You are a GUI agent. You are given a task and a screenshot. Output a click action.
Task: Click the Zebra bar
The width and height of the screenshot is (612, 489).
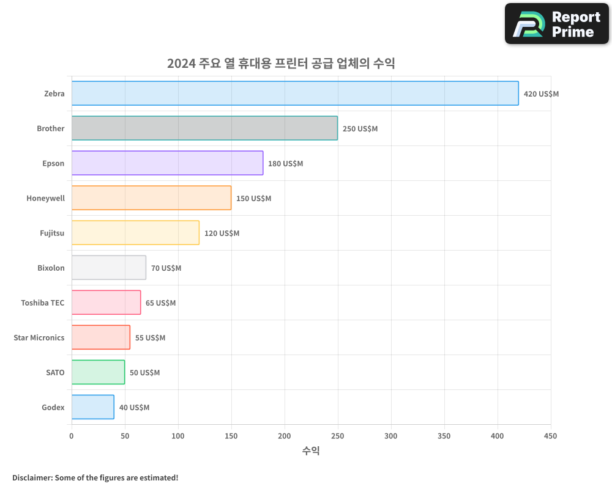pos(295,94)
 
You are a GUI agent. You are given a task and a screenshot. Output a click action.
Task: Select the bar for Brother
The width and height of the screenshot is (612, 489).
pos(204,128)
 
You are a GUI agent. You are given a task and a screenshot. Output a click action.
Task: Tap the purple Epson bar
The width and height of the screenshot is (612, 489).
pos(167,163)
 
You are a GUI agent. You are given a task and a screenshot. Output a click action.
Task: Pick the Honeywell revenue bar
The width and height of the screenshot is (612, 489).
pos(151,198)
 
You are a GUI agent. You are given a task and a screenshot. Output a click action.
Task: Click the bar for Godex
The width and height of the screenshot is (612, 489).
pos(93,407)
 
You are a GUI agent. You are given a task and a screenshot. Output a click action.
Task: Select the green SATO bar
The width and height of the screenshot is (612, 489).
pos(98,372)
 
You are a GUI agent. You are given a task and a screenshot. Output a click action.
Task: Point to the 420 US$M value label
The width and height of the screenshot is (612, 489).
pos(541,94)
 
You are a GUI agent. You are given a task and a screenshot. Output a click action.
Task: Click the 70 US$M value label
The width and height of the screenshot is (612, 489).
pos(166,268)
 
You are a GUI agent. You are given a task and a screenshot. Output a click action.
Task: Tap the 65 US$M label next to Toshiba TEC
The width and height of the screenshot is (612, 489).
pos(160,303)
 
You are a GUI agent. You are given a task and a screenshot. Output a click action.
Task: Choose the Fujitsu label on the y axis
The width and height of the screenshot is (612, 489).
pos(52,233)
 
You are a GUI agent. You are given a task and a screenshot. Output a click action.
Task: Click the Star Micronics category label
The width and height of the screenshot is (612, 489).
pos(39,337)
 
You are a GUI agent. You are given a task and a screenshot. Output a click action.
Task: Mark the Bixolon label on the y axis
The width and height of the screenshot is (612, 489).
pos(51,268)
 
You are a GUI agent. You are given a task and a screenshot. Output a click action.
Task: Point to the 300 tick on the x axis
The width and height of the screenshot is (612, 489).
pos(391,436)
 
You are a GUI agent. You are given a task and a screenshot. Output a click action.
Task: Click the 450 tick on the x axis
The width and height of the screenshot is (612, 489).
pos(550,436)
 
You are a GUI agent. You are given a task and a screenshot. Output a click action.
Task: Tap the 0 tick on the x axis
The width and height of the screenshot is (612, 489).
pos(72,436)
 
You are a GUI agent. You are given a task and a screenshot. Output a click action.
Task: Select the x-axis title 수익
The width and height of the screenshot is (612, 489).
pos(311,451)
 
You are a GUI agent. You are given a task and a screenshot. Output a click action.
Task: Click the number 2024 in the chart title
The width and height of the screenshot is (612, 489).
pos(181,64)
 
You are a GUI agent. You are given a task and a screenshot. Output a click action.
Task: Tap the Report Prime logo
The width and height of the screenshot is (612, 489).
pos(556,24)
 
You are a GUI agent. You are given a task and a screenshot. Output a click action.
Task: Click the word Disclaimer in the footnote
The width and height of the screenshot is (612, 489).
pos(32,477)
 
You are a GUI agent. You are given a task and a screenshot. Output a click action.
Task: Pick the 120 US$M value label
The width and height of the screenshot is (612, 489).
pos(222,233)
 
